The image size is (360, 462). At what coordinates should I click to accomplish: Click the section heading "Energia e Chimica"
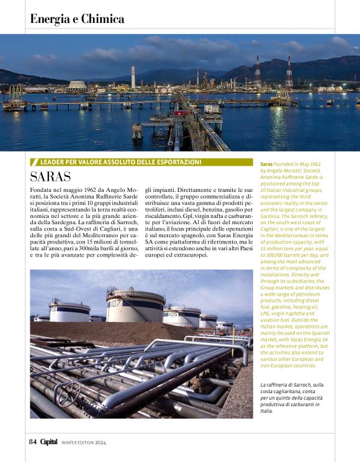click(77, 19)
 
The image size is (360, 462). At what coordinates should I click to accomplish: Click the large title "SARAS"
click(50, 176)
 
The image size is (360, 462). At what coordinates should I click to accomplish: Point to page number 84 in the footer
click(33, 442)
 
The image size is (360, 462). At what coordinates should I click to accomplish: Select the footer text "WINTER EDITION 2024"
click(84, 443)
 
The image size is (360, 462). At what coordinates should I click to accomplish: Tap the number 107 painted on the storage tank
click(115, 304)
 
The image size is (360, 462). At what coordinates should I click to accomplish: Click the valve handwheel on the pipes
click(68, 392)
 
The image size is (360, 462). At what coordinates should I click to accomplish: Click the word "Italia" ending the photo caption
click(267, 411)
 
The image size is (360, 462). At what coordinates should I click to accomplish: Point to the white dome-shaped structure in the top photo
click(77, 84)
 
